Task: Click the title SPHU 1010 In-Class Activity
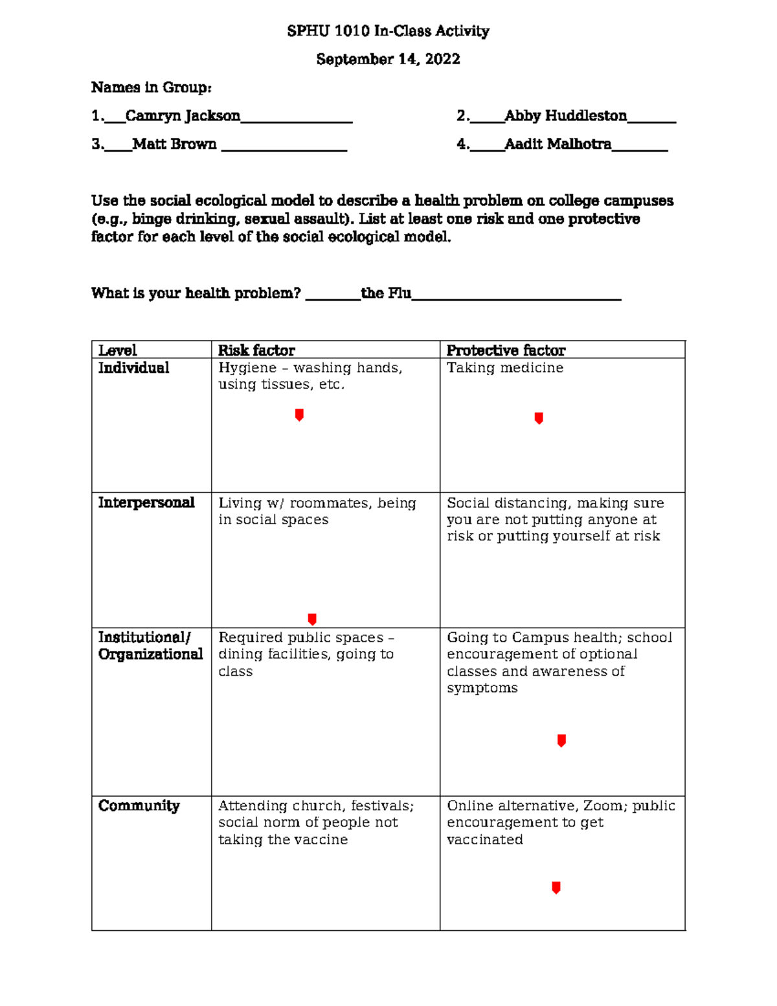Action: tap(388, 31)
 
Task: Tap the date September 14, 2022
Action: tap(388, 59)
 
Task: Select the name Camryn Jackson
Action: tap(183, 116)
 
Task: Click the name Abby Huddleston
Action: tap(565, 116)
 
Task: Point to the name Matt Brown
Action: tap(174, 144)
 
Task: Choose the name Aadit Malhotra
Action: tap(557, 144)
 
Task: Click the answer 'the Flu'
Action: tap(386, 293)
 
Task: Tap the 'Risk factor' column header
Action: tap(256, 350)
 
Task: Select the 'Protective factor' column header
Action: tap(506, 350)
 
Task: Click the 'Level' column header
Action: tap(117, 350)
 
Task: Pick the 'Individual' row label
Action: tap(133, 368)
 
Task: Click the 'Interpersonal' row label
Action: tap(146, 503)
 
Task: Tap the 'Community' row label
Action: tap(139, 806)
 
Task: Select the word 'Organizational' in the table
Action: tap(150, 654)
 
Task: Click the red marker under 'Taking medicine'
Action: tap(539, 418)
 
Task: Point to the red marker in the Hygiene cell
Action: tap(299, 415)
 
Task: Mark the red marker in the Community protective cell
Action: tap(556, 887)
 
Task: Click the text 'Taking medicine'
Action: tap(505, 368)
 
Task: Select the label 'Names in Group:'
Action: tap(152, 87)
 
